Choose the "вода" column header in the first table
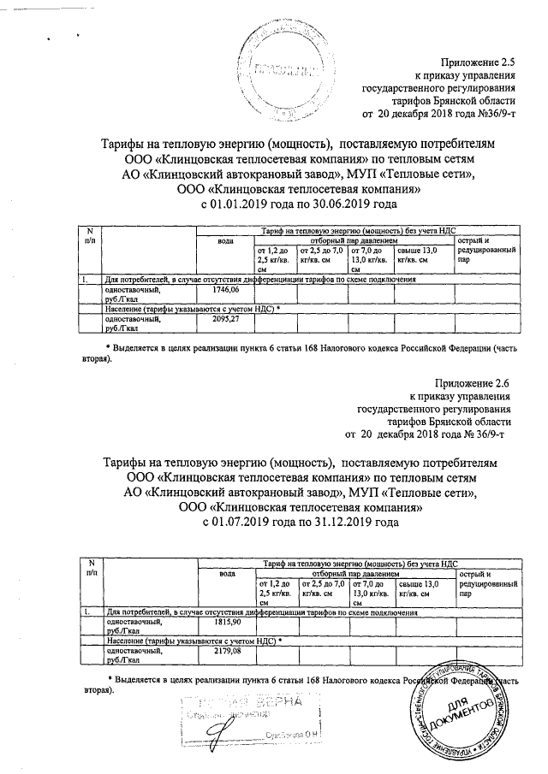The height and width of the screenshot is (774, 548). [226, 240]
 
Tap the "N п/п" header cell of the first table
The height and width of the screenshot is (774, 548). [90, 235]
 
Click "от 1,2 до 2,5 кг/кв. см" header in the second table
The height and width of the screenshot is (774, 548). [276, 592]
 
